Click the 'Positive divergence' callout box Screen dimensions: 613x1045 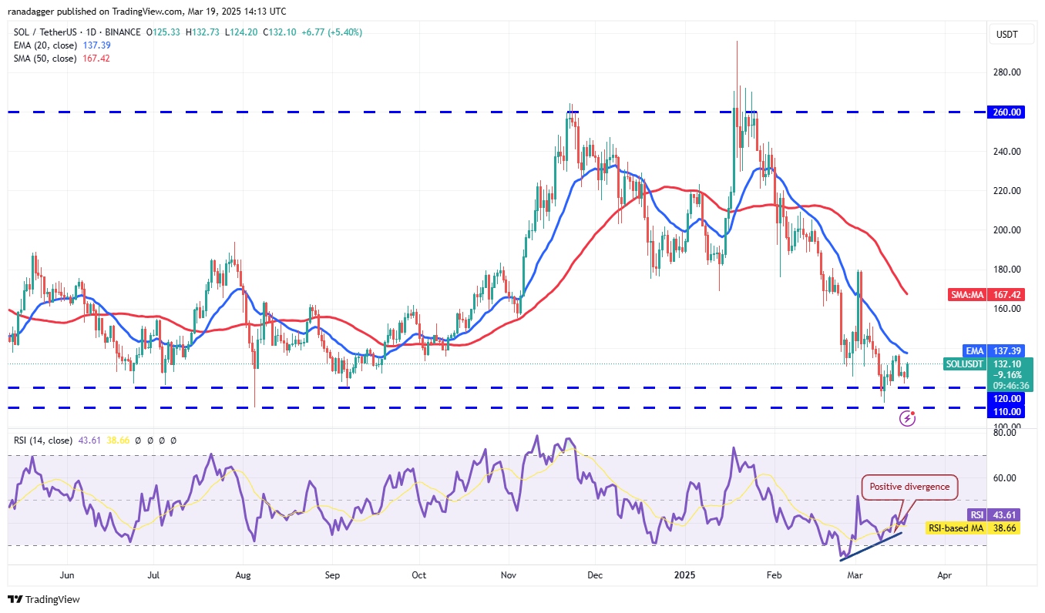910,487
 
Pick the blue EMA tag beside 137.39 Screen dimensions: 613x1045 975,350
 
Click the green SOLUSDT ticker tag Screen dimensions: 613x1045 964,363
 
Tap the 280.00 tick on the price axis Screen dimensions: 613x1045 1006,72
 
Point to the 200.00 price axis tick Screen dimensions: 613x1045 1006,230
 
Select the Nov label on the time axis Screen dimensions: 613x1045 509,574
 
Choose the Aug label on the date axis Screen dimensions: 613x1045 244,574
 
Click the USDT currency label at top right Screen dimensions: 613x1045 1007,35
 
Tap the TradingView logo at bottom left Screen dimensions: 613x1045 44,599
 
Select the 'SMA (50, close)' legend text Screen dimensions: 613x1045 45,59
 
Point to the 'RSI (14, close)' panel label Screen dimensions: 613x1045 43,440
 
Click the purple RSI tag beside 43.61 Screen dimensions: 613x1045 976,514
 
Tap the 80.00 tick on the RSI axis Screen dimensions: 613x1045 1004,433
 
